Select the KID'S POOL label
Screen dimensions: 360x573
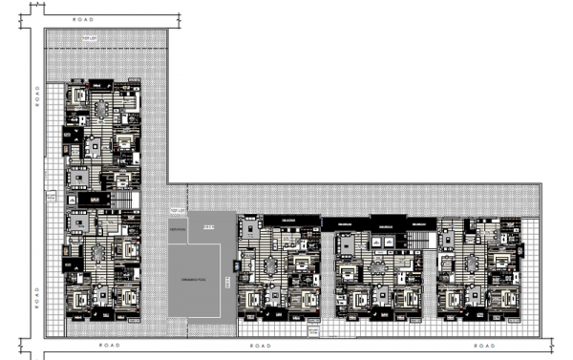point(207,226)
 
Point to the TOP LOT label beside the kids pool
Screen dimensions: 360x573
point(176,208)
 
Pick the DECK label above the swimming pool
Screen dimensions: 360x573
point(178,230)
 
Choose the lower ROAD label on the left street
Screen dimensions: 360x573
point(37,290)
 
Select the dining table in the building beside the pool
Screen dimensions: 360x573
point(272,264)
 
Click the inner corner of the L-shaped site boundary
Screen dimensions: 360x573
point(169,183)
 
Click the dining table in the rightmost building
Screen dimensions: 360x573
point(474,264)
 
